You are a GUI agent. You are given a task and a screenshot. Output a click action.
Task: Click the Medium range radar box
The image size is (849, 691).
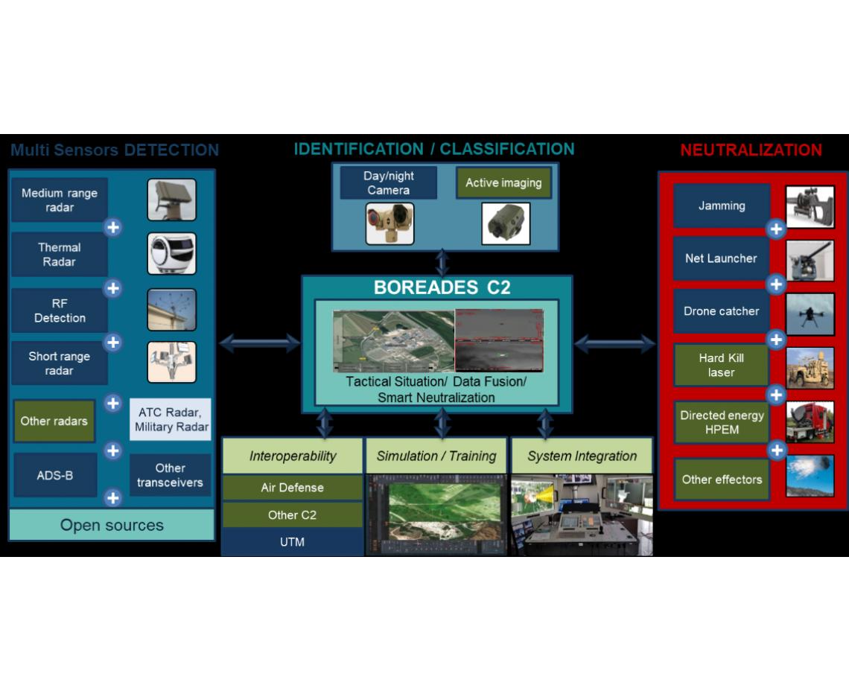60,200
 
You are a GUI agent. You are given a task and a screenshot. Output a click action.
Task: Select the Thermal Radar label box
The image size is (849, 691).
60,255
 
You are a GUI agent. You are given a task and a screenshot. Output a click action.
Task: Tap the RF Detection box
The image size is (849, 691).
60,311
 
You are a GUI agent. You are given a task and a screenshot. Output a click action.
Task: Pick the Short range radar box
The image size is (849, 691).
60,363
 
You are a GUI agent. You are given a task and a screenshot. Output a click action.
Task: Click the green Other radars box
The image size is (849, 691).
54,421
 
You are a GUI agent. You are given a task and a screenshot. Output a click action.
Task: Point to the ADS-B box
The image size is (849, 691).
55,475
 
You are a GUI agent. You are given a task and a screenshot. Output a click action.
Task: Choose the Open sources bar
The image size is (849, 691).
112,525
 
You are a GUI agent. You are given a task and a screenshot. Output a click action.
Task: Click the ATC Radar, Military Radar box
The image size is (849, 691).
171,420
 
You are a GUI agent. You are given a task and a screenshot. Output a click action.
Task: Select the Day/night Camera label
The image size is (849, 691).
388,183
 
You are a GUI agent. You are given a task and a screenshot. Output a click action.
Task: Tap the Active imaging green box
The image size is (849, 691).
503,183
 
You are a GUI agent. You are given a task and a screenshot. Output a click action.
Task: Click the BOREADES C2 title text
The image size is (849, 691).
442,288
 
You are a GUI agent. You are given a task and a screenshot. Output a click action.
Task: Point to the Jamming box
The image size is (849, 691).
722,206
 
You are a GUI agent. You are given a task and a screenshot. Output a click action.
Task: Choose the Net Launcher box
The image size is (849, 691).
721,258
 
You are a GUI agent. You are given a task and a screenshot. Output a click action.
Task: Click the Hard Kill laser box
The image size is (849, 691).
721,365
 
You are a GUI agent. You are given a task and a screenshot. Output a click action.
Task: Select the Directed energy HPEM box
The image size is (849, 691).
721,422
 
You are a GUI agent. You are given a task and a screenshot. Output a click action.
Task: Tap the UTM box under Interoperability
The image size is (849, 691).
292,542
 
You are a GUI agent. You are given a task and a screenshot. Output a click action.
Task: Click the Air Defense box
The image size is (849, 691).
292,488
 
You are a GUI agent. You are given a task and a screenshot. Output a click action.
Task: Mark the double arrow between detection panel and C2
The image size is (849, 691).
259,343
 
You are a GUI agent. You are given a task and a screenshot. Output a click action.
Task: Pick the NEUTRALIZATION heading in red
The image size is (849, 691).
751,150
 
